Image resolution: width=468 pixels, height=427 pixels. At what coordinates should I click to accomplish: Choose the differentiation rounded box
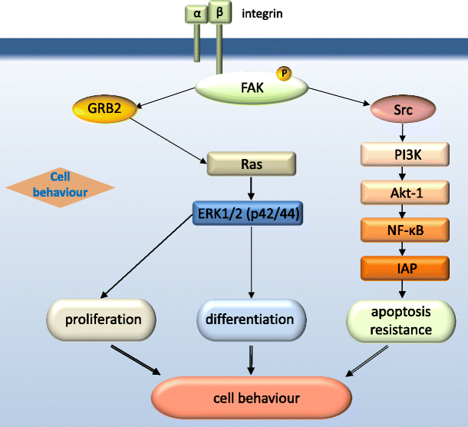(251, 319)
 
